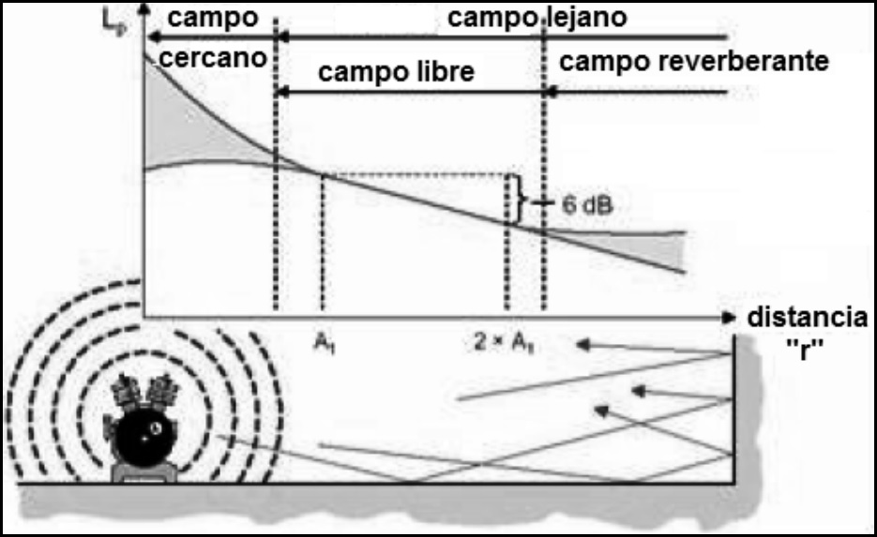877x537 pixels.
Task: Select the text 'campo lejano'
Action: (x=537, y=18)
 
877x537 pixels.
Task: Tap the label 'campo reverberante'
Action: (x=693, y=63)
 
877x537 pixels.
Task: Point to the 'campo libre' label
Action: (x=397, y=72)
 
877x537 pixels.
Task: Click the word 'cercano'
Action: (x=213, y=57)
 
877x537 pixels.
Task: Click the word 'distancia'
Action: (x=807, y=318)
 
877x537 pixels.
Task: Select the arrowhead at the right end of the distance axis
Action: (x=730, y=318)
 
